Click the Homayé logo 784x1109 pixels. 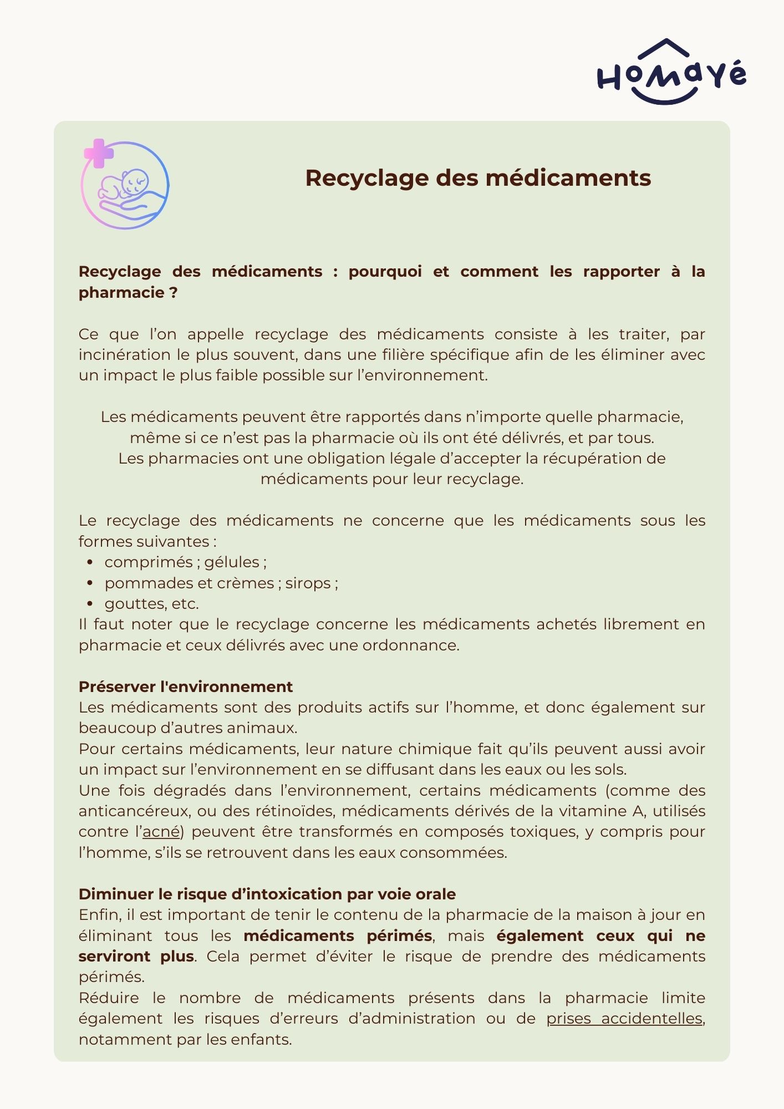pyautogui.click(x=671, y=73)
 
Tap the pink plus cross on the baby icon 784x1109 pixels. pyautogui.click(x=99, y=153)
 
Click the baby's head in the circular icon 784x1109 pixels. pyautogui.click(x=135, y=182)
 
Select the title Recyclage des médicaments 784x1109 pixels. pyautogui.click(x=478, y=178)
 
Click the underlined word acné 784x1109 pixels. pyautogui.click(x=161, y=832)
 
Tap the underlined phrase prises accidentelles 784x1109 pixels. pyautogui.click(x=624, y=1019)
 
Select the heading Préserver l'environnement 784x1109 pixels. pyautogui.click(x=185, y=686)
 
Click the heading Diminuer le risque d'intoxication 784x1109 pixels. pyautogui.click(x=267, y=894)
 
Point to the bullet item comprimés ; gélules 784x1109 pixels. pyautogui.click(x=185, y=562)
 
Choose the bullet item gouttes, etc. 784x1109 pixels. pyautogui.click(x=151, y=604)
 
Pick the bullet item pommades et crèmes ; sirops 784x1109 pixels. pyautogui.click(x=221, y=583)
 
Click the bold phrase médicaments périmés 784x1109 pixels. pyautogui.click(x=338, y=936)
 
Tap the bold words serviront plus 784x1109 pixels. pyautogui.click(x=136, y=957)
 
